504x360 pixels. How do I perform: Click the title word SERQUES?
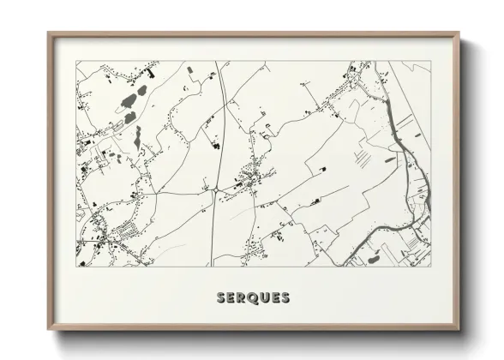pos(253,298)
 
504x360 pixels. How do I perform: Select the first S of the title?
pos(222,298)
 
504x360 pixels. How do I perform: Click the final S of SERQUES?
pos(284,298)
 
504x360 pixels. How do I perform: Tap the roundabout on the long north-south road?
pos(217,186)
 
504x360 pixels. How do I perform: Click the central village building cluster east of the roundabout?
pos(250,178)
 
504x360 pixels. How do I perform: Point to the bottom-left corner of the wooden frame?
pos(49,328)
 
